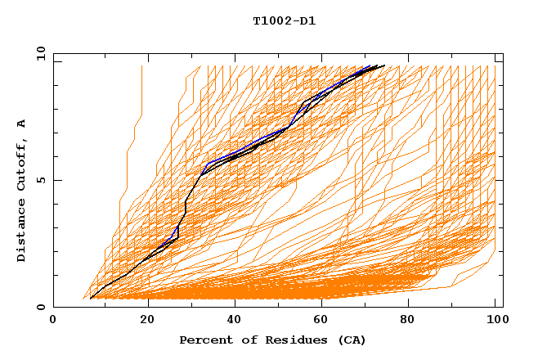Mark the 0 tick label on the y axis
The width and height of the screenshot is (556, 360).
click(41, 307)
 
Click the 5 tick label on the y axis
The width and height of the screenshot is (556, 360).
click(41, 180)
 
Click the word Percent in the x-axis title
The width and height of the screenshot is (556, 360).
click(203, 340)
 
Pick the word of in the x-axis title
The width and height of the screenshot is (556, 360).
click(243, 340)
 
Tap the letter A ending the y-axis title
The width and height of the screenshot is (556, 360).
click(22, 123)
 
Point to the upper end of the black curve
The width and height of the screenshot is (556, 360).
click(384, 65)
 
